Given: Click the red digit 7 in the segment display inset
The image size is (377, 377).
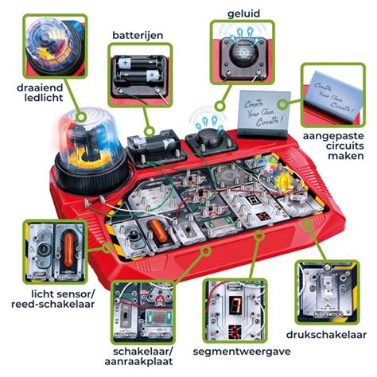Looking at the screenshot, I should pos(234,306).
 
